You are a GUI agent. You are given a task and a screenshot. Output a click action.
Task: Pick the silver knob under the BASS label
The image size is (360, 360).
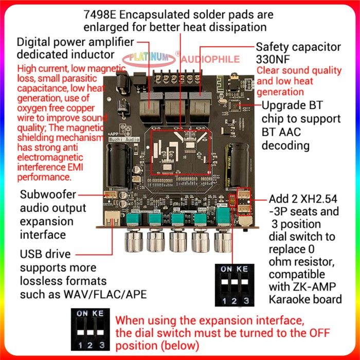[201, 240]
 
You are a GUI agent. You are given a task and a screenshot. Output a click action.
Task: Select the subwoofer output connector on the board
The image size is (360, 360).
[110, 195]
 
